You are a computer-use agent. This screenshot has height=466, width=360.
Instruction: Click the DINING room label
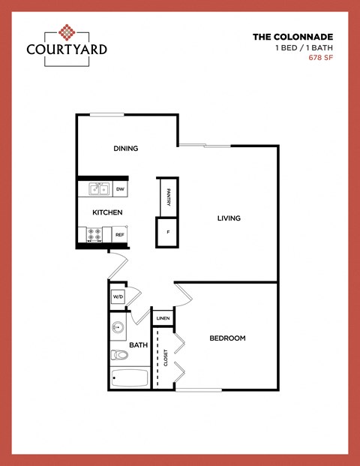(x=126, y=149)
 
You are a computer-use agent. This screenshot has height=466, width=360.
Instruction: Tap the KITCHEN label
(x=107, y=212)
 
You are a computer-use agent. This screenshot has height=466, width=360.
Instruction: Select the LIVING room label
(x=229, y=218)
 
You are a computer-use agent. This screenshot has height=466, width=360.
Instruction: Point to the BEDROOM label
(x=227, y=338)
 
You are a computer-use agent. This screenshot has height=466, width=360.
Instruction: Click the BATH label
(x=139, y=345)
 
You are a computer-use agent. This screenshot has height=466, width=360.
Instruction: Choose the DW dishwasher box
(x=120, y=189)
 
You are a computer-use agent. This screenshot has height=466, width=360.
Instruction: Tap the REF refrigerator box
(x=119, y=235)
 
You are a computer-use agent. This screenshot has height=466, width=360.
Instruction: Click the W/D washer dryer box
(x=118, y=297)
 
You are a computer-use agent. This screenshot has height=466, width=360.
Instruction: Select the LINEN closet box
(x=163, y=319)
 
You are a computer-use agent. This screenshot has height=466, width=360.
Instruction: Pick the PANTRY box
(x=168, y=197)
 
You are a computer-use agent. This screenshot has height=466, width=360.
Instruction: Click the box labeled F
(x=168, y=232)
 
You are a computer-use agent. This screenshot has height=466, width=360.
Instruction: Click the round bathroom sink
(x=118, y=328)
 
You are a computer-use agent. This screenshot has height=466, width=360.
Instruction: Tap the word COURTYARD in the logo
(x=67, y=50)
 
